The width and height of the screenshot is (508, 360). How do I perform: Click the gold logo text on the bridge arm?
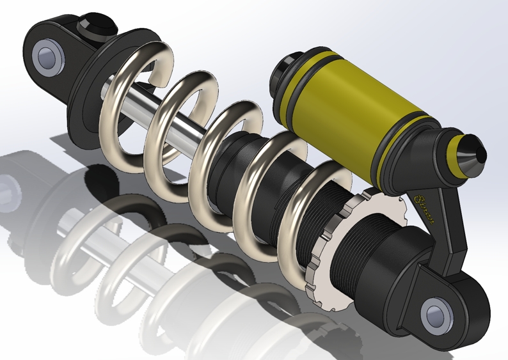(x=426, y=210)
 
